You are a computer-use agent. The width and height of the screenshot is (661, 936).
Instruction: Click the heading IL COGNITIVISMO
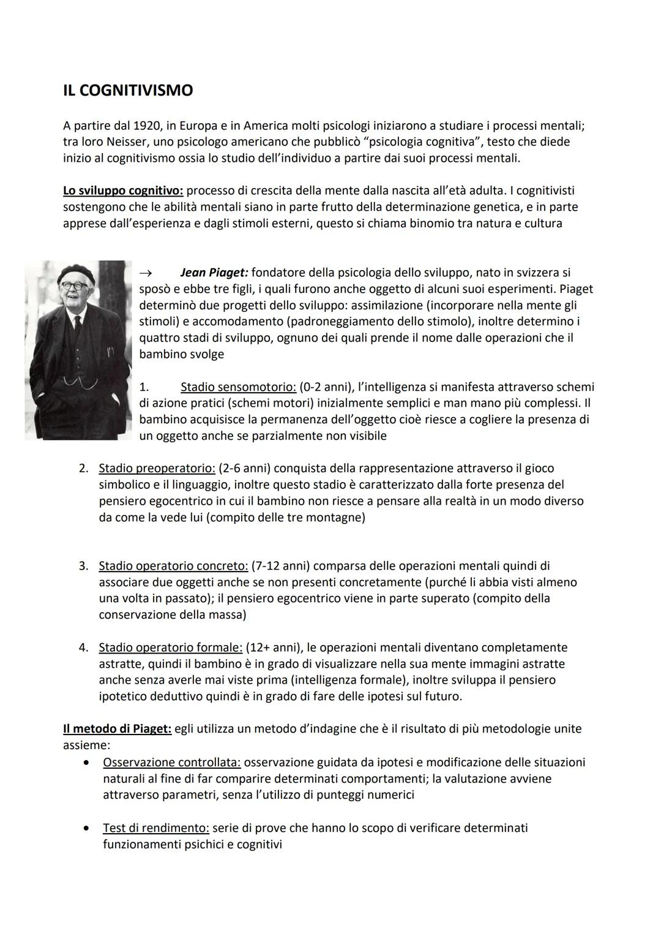(128, 91)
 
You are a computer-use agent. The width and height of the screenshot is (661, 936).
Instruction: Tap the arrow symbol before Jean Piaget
(145, 273)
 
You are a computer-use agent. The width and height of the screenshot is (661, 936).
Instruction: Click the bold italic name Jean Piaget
(214, 272)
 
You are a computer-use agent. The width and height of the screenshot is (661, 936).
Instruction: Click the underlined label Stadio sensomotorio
(238, 387)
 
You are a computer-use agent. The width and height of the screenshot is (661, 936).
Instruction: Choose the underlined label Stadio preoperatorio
(157, 469)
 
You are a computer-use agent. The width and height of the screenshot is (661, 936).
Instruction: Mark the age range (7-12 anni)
(283, 566)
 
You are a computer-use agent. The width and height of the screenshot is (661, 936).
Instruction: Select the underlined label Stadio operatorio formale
(170, 647)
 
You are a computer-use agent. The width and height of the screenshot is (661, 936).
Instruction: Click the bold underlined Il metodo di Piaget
(118, 729)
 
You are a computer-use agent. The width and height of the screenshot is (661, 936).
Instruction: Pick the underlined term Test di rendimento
(155, 828)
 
